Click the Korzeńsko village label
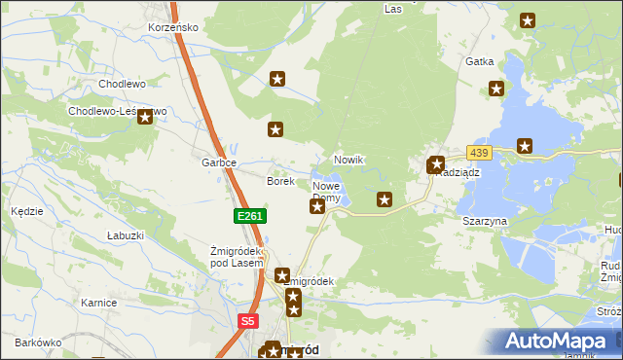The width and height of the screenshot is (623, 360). click(x=174, y=27)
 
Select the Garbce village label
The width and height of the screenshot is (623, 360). click(x=219, y=162)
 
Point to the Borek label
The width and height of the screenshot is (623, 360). click(x=280, y=181)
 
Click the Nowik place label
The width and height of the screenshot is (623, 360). click(x=348, y=160)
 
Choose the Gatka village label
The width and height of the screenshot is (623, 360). click(x=480, y=61)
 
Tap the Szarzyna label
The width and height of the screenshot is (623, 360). click(x=485, y=221)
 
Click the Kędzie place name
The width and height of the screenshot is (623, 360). click(x=26, y=210)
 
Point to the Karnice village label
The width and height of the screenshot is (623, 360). click(x=99, y=303)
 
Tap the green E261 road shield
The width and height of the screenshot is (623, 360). click(x=249, y=216)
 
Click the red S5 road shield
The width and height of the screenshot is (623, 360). click(x=247, y=320)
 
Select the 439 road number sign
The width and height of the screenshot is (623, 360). click(x=478, y=153)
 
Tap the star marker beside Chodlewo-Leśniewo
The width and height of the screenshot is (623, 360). click(x=145, y=118)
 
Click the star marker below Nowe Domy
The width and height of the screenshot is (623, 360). click(x=317, y=206)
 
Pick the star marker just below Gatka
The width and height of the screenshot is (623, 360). click(x=495, y=90)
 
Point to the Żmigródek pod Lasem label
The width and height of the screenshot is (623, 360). click(x=238, y=257)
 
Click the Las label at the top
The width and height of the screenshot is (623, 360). click(x=393, y=9)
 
